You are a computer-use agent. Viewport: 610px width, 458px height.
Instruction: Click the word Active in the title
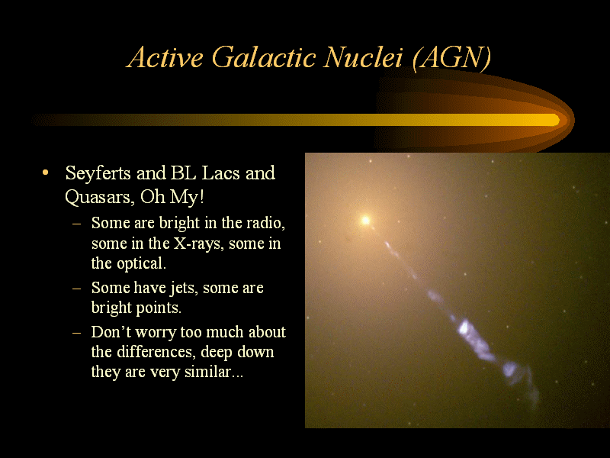[165, 58]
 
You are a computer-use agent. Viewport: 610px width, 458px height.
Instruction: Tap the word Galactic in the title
[264, 58]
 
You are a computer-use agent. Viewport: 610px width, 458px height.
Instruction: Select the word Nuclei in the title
[363, 58]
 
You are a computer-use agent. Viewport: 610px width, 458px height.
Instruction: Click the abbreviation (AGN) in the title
[451, 59]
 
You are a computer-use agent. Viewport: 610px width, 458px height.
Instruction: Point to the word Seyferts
[98, 174]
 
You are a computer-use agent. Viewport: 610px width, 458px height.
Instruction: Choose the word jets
[182, 289]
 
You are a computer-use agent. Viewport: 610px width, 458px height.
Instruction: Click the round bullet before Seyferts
[46, 173]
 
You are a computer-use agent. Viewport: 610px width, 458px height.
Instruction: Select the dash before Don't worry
[77, 333]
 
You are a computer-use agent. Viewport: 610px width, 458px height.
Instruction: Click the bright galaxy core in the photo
[365, 221]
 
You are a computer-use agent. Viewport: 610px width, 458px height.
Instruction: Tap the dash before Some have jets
[77, 289]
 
